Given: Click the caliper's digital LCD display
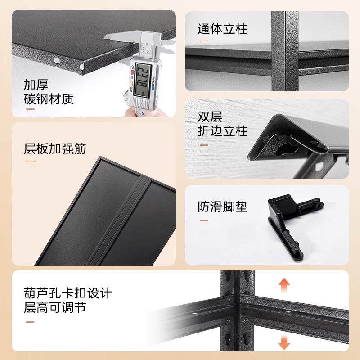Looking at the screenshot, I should pyautogui.click(x=142, y=77).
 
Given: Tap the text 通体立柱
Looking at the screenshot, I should pyautogui.click(x=223, y=29).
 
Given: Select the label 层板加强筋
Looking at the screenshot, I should pyautogui.click(x=55, y=148).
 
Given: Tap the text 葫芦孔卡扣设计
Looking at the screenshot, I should pyautogui.click(x=67, y=293).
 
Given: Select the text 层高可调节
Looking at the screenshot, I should pyautogui.click(x=55, y=308).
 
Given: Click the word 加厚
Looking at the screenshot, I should pyautogui.click(x=36, y=85).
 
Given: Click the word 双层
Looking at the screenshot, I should pyautogui.click(x=210, y=117).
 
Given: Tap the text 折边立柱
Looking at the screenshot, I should pyautogui.click(x=223, y=131).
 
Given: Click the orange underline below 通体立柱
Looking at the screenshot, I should pyautogui.click(x=203, y=42).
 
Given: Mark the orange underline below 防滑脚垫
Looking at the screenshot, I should pyautogui.click(x=203, y=220).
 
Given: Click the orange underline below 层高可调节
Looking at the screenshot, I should pyautogui.click(x=30, y=321).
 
